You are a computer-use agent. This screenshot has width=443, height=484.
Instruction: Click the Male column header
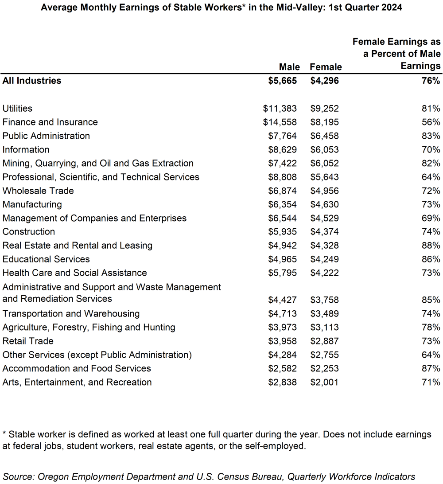click(289, 67)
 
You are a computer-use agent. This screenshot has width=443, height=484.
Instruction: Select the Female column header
click(326, 67)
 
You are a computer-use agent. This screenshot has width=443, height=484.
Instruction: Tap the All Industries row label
click(32, 81)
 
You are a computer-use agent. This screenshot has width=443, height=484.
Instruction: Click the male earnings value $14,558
click(280, 122)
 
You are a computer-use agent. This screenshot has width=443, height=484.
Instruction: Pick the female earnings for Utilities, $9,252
click(324, 108)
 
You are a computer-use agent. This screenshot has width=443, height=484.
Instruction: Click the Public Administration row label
click(46, 136)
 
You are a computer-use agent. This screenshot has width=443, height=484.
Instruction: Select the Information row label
click(26, 149)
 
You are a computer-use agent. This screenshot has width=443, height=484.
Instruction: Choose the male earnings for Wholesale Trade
click(282, 191)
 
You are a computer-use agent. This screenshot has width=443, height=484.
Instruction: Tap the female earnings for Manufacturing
click(324, 204)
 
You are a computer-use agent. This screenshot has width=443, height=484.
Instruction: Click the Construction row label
click(29, 231)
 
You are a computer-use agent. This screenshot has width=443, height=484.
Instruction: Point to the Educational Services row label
click(46, 259)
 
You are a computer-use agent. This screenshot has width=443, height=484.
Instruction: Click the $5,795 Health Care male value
click(282, 273)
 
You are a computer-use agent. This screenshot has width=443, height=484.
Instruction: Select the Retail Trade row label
click(28, 341)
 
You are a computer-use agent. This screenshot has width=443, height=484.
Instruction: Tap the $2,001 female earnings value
click(324, 382)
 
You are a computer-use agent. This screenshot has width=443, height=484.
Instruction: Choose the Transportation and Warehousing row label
click(71, 314)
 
